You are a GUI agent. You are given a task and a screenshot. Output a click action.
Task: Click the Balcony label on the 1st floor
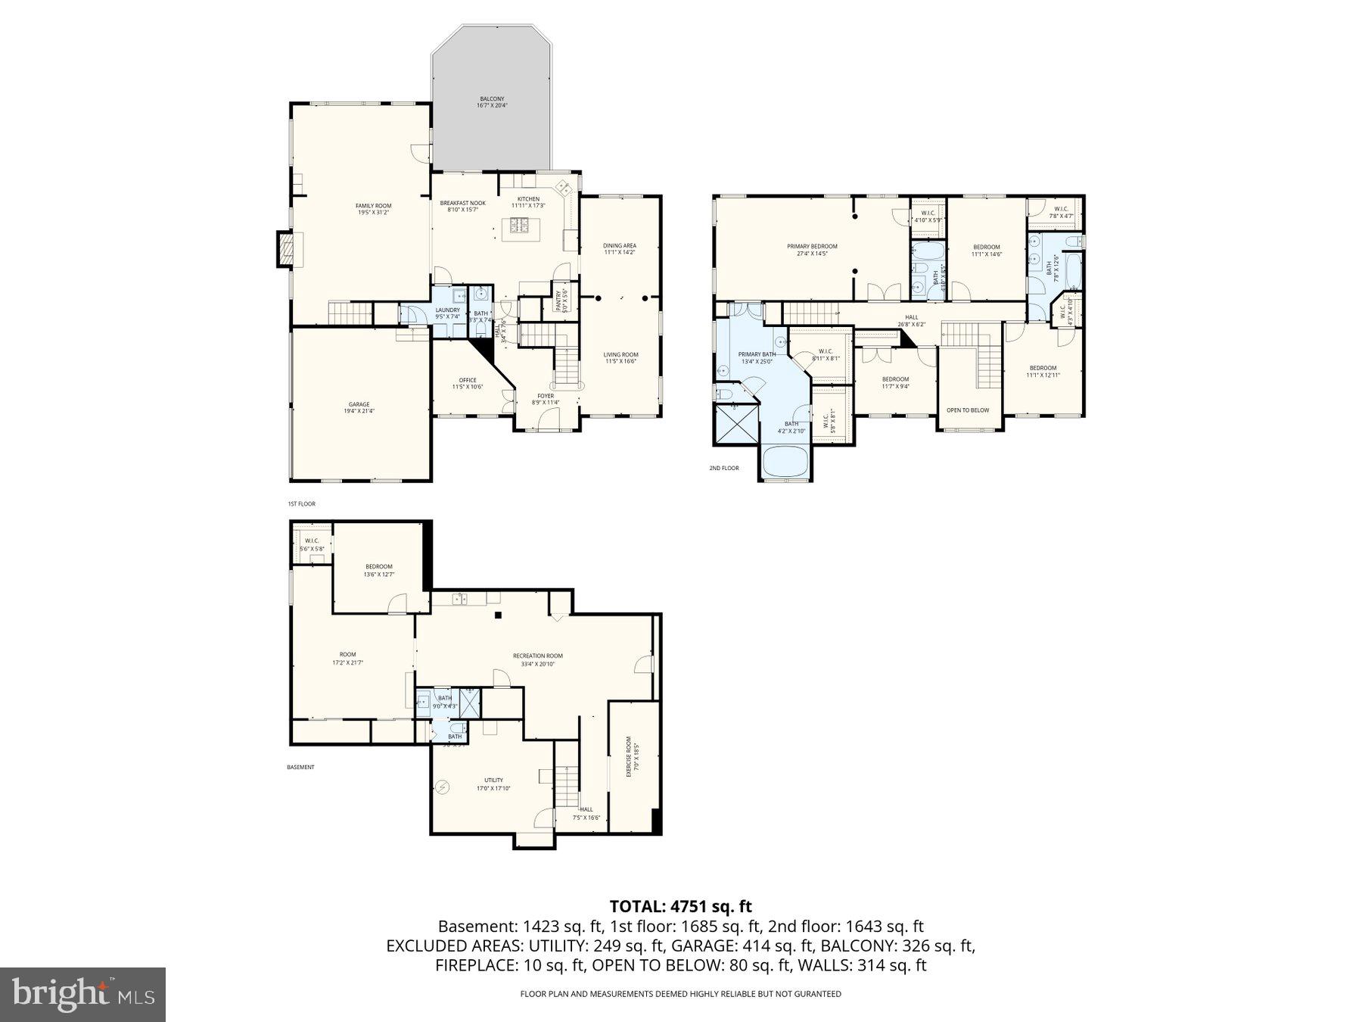pos(491,102)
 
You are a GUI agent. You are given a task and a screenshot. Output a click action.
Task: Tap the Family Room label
pos(374,209)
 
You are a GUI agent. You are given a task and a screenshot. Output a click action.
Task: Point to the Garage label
pos(359,408)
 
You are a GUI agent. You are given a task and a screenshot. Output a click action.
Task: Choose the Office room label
pos(468,383)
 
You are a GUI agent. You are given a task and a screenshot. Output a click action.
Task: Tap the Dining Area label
pos(619,248)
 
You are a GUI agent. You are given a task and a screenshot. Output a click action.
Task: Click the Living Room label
pos(620,357)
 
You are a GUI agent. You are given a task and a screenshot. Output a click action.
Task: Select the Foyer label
pos(546,399)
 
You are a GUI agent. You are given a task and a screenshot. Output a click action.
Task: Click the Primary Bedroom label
pos(812,250)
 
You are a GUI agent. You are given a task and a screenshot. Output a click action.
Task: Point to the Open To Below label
pos(968,410)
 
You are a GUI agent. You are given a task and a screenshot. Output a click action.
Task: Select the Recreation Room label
pos(537,659)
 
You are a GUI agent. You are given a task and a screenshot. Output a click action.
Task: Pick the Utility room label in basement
pos(493,784)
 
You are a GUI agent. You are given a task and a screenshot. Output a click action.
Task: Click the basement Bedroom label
pos(379,570)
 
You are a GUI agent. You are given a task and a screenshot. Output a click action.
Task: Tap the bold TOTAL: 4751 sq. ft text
pos(680,906)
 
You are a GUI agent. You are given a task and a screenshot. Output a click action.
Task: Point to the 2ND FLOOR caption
pos(723,469)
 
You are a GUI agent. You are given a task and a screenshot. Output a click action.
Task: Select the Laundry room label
pos(447,313)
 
